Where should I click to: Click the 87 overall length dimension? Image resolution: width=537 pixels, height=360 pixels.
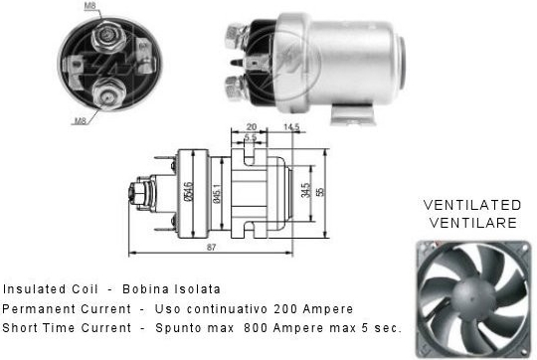[x=211, y=247]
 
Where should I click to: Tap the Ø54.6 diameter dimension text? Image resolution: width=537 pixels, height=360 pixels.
[x=188, y=191]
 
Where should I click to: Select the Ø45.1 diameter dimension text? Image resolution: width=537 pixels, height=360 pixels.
[x=217, y=194]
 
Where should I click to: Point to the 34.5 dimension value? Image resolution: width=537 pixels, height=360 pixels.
[x=306, y=191]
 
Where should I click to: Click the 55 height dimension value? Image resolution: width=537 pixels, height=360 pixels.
[x=320, y=192]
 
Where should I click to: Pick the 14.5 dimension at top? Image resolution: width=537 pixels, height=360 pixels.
[x=291, y=127]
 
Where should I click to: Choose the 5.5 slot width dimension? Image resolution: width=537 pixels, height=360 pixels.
[x=251, y=137]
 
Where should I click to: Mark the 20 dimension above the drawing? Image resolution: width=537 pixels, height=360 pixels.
[x=251, y=126]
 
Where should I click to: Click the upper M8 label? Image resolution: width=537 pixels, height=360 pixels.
[x=90, y=5]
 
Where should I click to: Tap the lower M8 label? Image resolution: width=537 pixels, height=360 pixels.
[x=81, y=120]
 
